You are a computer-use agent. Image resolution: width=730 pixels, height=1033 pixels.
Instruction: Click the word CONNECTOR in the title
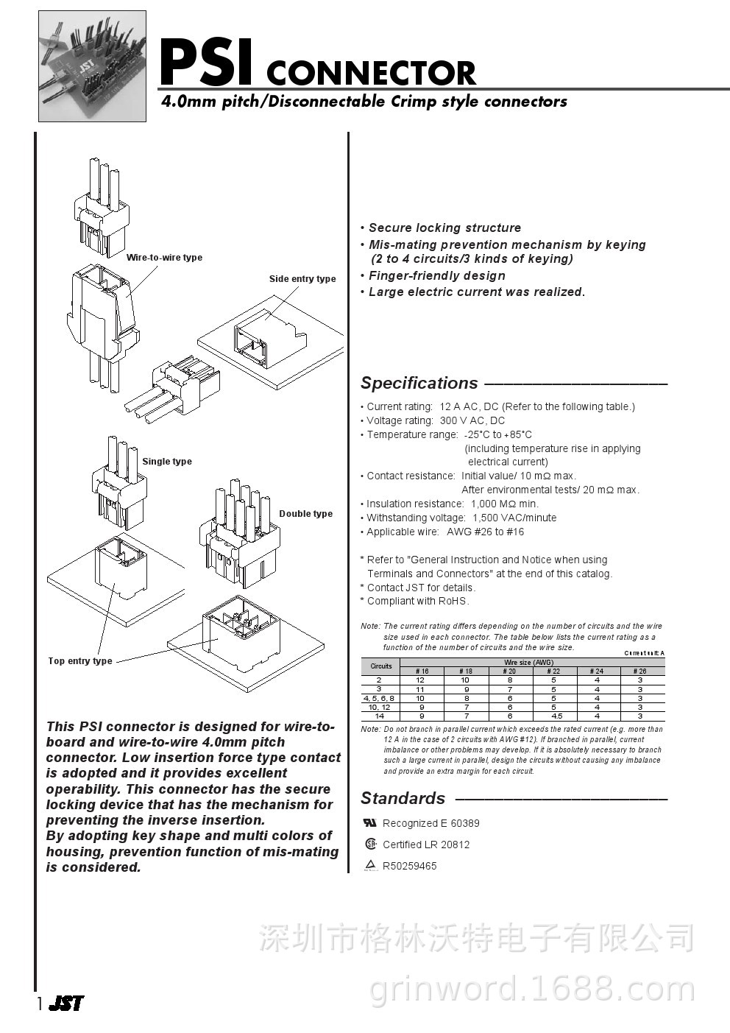[x=371, y=74]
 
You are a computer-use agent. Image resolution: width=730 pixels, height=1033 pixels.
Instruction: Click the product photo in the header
[x=92, y=66]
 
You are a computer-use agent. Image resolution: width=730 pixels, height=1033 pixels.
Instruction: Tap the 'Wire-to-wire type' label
[x=164, y=258]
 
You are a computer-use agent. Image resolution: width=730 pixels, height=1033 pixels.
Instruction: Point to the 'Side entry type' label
[x=302, y=279]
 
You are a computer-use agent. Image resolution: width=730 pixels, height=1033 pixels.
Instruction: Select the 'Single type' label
[x=167, y=462]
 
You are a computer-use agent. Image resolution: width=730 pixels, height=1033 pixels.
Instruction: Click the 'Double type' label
[x=305, y=514]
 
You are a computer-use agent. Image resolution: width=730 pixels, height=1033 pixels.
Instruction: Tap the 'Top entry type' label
[x=80, y=661]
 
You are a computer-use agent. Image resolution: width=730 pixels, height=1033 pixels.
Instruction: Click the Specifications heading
[x=419, y=384]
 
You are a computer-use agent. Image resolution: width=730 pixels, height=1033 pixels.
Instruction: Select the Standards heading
[x=403, y=799]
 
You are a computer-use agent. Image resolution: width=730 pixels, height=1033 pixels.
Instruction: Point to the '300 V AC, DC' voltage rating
[x=472, y=421]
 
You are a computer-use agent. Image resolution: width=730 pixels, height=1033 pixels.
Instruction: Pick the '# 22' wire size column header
[x=553, y=671]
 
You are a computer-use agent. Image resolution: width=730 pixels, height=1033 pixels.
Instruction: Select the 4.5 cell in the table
[x=557, y=716]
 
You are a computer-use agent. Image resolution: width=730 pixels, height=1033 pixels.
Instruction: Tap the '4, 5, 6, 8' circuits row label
[x=379, y=698]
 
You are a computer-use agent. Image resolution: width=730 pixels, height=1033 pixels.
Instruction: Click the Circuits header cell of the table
[x=380, y=666]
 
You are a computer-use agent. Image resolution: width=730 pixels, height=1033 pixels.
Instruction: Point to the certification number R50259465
[x=410, y=867]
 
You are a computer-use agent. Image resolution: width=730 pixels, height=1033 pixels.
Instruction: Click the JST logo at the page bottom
[x=66, y=1004]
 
